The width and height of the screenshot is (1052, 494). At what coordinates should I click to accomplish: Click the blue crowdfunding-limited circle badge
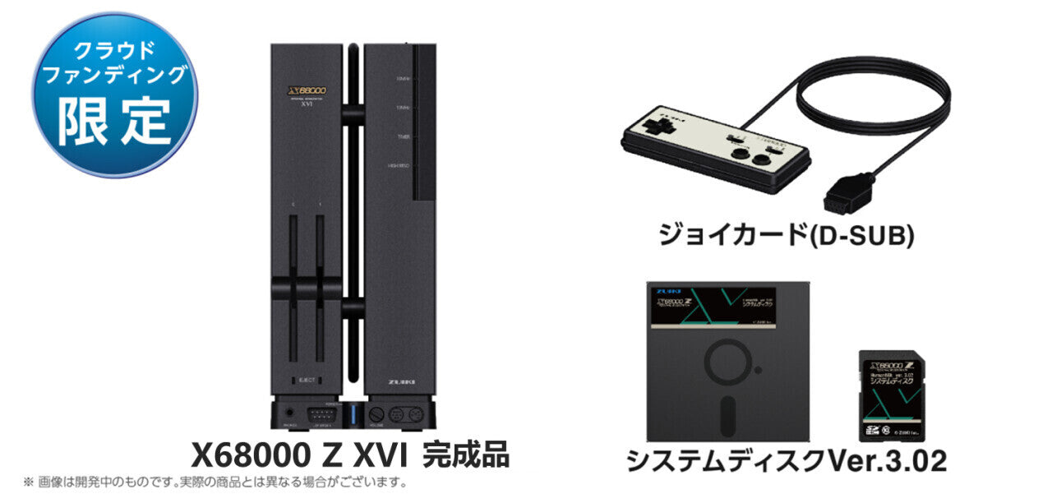tap(114, 94)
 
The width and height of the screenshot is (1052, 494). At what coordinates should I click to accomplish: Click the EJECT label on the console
tap(306, 381)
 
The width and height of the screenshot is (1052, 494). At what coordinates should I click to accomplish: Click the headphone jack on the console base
tap(288, 413)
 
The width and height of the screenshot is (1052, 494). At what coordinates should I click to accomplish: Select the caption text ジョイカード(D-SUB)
tap(786, 236)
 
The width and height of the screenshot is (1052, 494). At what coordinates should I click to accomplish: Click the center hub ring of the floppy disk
tap(728, 362)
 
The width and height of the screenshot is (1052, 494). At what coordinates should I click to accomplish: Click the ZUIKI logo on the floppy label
tap(668, 290)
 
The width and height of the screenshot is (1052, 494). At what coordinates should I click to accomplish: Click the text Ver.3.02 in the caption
tap(887, 461)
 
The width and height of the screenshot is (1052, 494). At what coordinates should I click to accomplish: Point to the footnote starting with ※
tap(215, 482)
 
